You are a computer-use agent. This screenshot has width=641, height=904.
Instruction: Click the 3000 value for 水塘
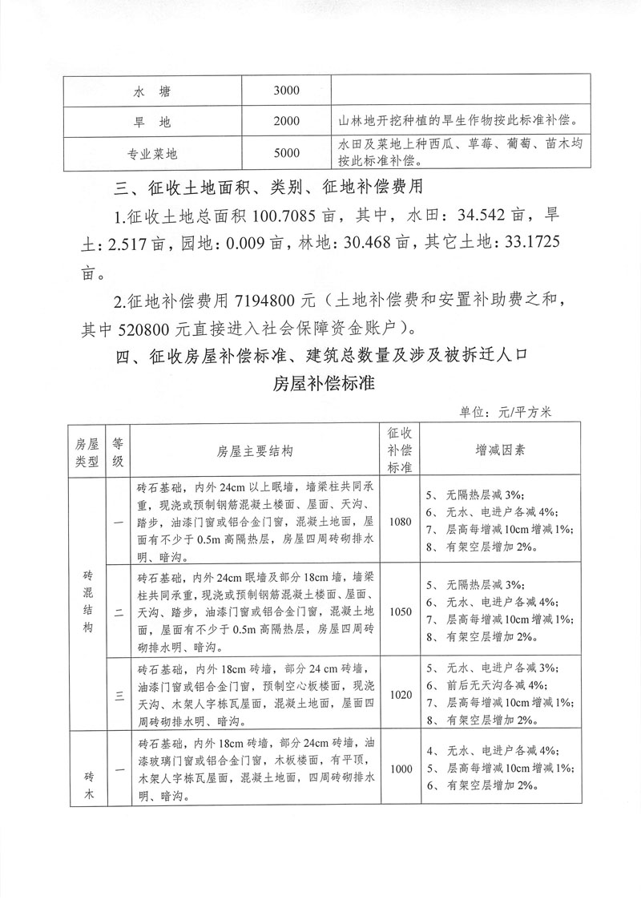(x=286, y=91)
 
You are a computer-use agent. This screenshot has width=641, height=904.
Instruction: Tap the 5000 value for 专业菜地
(x=286, y=152)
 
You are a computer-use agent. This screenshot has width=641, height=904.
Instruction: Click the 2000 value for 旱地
(x=286, y=122)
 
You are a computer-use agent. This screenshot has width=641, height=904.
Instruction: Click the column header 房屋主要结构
(x=255, y=450)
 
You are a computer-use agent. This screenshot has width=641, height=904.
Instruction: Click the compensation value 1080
(x=399, y=522)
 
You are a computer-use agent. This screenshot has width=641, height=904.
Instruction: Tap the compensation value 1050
(x=399, y=611)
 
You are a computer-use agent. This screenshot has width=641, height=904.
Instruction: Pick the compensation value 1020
(x=399, y=694)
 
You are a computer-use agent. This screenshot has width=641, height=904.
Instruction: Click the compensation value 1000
(x=399, y=769)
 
